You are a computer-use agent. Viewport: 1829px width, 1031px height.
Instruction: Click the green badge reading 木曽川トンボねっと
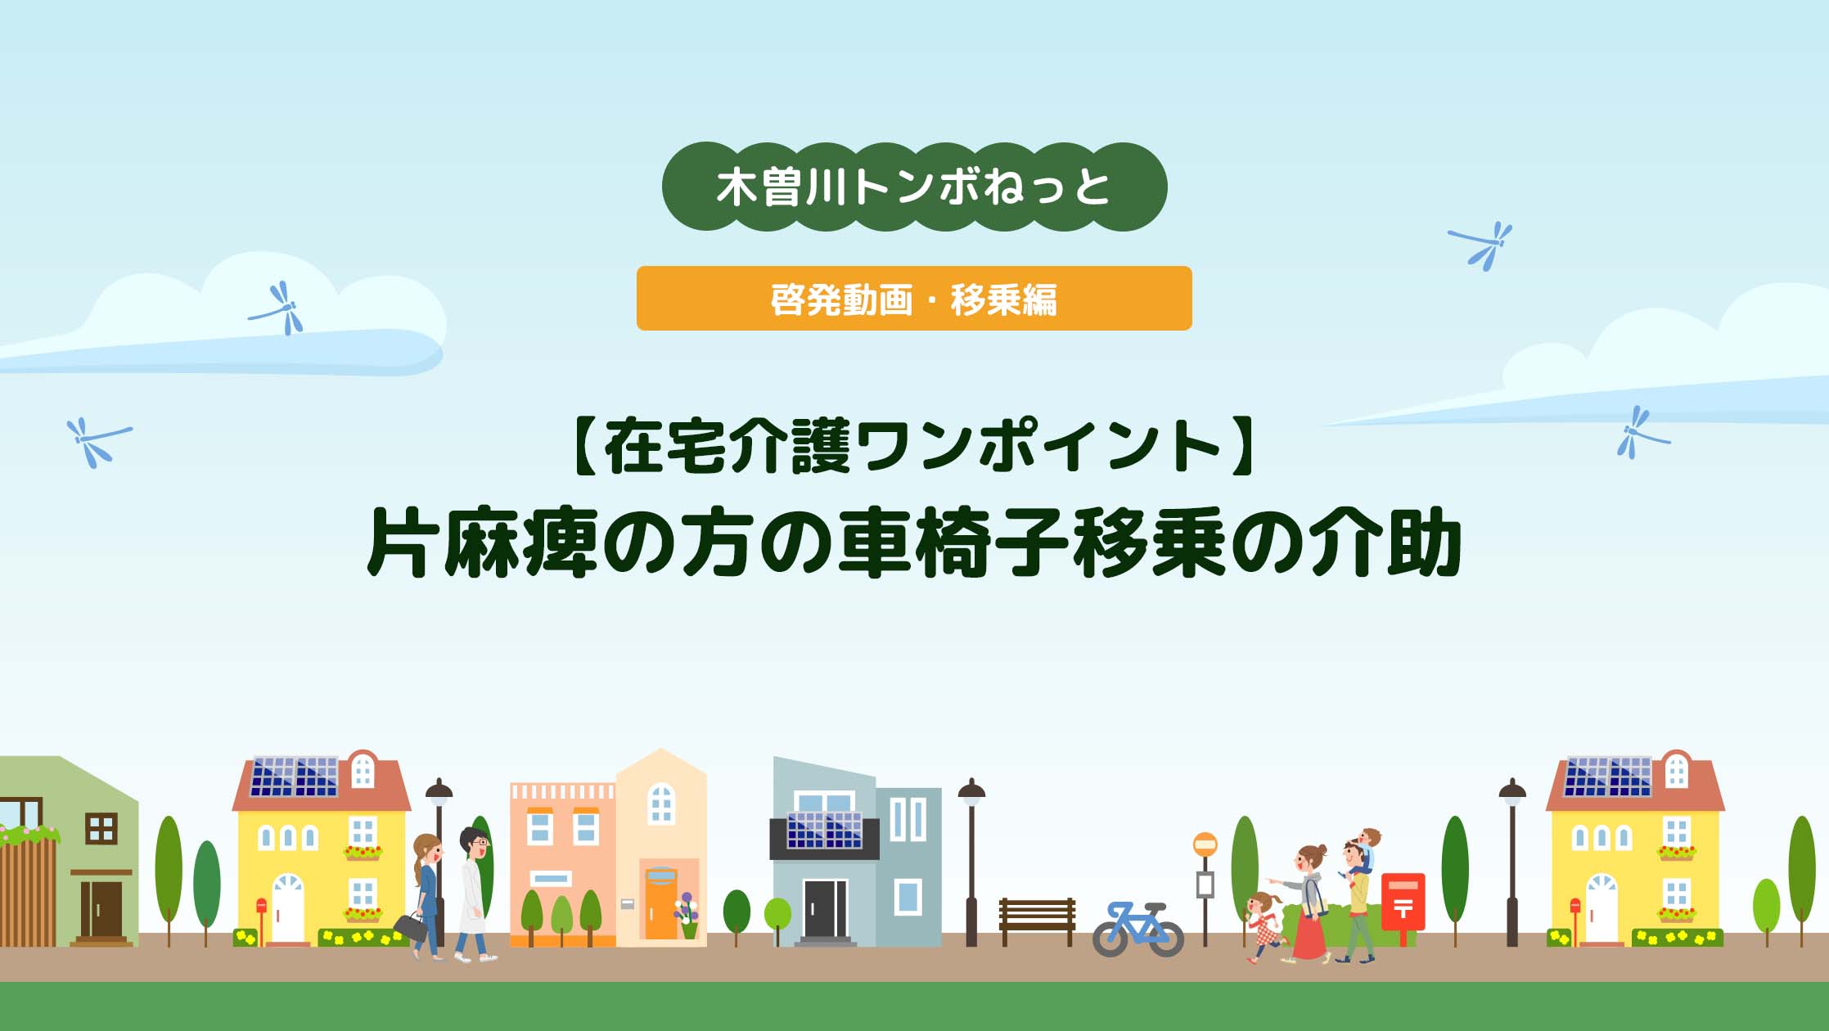pos(914,187)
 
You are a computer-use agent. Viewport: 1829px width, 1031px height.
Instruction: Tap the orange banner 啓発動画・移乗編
pos(914,299)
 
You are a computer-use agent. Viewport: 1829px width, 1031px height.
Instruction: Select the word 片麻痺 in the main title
pos(480,543)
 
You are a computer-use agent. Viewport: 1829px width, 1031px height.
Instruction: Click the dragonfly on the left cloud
pos(279,308)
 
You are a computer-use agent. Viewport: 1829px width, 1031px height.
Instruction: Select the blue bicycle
pos(1138,930)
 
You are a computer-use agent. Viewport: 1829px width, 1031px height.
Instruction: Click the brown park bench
pos(1037,922)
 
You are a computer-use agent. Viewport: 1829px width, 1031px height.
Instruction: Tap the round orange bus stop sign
pos(1205,844)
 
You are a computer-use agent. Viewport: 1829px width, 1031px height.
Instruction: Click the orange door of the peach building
pos(660,903)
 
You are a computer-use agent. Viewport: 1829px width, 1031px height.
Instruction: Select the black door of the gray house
pos(825,909)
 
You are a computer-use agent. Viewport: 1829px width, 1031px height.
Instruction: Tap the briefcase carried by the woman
pos(411,927)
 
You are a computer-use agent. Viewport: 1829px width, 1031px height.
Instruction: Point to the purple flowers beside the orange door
pos(687,908)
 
